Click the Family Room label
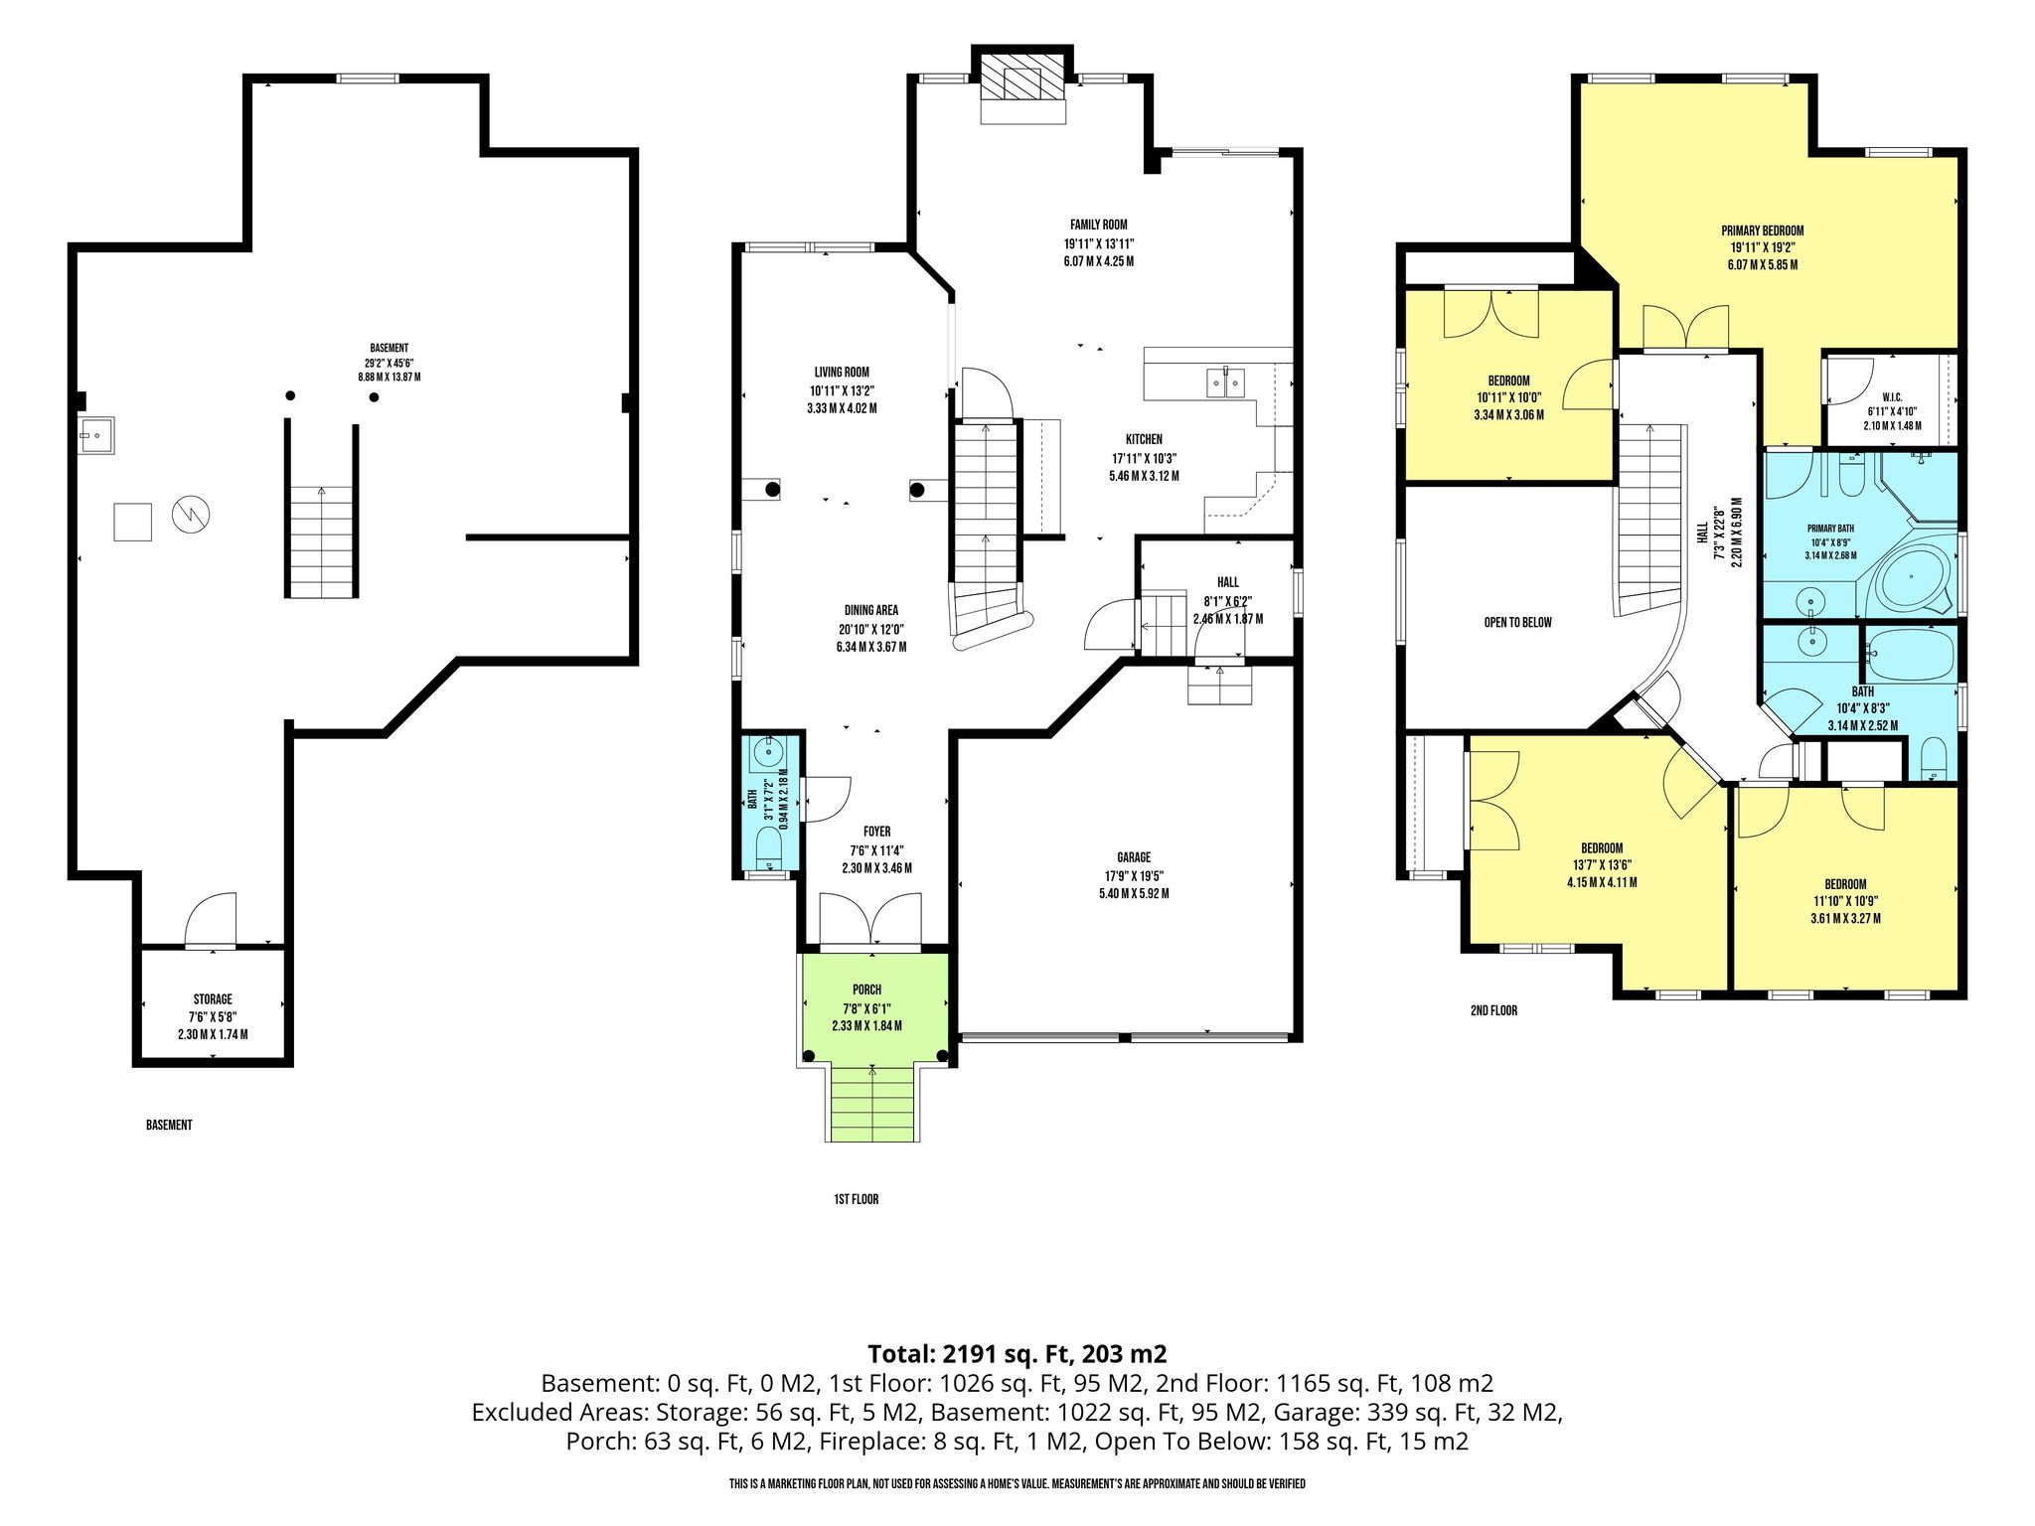[1098, 225]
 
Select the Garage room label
[1134, 857]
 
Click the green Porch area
[873, 1005]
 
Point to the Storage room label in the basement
[213, 999]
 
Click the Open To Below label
[1517, 622]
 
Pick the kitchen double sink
[1225, 381]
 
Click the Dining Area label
[871, 610]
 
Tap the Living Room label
[842, 372]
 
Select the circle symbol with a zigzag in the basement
[191, 514]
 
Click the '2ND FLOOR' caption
[1493, 1010]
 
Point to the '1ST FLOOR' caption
[856, 1199]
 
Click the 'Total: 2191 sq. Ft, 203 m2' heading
[1017, 1353]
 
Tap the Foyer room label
[876, 832]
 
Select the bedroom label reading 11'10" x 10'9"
[1845, 901]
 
